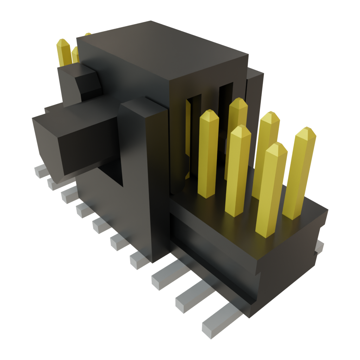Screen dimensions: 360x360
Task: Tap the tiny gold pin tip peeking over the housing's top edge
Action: click(x=87, y=34)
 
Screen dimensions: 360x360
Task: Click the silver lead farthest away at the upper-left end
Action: click(x=41, y=171)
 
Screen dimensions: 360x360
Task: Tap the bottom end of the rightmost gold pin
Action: click(x=292, y=214)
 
